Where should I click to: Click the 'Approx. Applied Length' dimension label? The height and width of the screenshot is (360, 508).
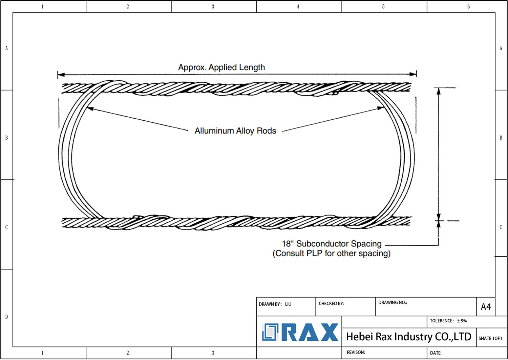click(221, 67)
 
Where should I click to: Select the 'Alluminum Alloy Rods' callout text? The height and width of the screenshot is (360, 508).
click(235, 131)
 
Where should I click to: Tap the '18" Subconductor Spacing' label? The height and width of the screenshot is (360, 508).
click(332, 244)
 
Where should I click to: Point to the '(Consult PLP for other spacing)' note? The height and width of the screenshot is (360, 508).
click(332, 254)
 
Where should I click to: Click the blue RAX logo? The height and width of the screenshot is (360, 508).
click(300, 332)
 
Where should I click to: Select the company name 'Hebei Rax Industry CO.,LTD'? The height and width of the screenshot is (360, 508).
click(408, 337)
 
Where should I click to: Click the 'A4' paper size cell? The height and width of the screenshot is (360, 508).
click(486, 307)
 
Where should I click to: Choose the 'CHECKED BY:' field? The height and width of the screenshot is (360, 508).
click(331, 303)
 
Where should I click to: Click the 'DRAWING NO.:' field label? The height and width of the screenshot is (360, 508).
click(393, 302)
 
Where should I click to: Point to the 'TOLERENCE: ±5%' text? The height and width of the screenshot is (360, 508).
click(448, 321)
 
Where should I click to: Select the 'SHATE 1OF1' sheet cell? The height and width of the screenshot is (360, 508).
click(490, 338)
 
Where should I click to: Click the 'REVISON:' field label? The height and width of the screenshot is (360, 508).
click(356, 352)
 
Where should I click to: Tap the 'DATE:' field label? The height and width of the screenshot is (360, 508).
click(436, 353)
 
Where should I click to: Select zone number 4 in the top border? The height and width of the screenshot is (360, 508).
click(298, 6)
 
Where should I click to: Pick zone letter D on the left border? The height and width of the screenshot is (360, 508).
click(6, 317)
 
